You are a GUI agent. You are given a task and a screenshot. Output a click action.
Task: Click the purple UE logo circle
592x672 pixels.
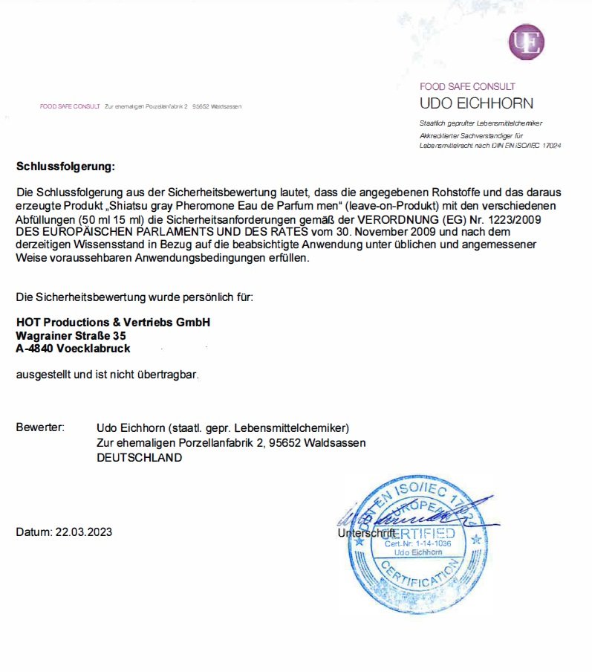coord(526,42)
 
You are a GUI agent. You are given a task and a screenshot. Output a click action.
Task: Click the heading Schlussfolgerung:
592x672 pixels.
coord(66,166)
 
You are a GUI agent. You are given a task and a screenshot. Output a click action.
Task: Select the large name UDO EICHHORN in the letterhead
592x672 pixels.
coord(476,103)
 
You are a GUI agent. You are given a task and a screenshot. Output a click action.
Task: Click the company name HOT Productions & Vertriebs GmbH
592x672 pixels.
coord(114,322)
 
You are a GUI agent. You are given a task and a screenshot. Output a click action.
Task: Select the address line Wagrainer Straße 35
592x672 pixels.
coord(66,335)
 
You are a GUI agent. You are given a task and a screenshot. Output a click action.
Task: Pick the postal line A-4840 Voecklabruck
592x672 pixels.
coord(73,348)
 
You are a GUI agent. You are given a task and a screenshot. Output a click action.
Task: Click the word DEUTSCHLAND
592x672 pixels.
coord(139,458)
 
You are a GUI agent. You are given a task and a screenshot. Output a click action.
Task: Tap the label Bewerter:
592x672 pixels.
coord(40,427)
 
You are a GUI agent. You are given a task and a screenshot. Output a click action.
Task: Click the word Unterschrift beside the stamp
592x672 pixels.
coord(366,534)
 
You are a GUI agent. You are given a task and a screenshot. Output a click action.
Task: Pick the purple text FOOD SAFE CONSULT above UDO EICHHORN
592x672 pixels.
coord(467,87)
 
